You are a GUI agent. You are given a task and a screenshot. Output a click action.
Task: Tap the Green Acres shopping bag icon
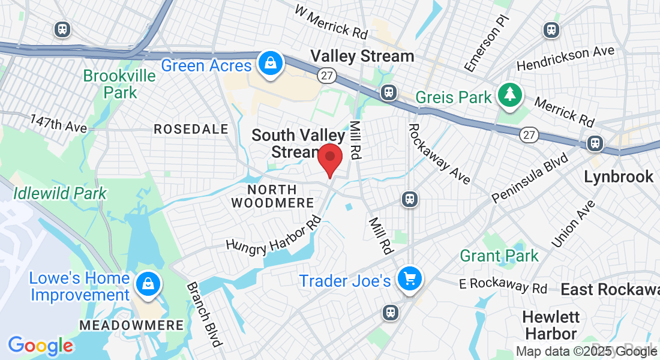pyautogui.click(x=271, y=63)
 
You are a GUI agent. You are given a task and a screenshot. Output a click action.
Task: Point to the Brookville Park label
pyautogui.click(x=119, y=85)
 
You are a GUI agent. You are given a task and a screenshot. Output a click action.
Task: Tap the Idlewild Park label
pyautogui.click(x=60, y=193)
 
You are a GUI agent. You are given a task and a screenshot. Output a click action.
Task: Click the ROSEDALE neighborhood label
pyautogui.click(x=191, y=129)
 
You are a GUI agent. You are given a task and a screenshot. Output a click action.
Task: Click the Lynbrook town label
pyautogui.click(x=619, y=176)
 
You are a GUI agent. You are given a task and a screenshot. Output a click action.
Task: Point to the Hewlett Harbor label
pyautogui.click(x=550, y=325)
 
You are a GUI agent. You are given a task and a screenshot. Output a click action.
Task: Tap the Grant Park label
pyautogui.click(x=499, y=256)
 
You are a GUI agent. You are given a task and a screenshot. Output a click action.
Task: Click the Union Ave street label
pyautogui.click(x=574, y=223)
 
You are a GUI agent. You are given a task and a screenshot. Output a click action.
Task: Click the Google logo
pyautogui.click(x=41, y=346)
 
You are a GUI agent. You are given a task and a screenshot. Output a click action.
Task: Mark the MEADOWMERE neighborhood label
pyautogui.click(x=131, y=325)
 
